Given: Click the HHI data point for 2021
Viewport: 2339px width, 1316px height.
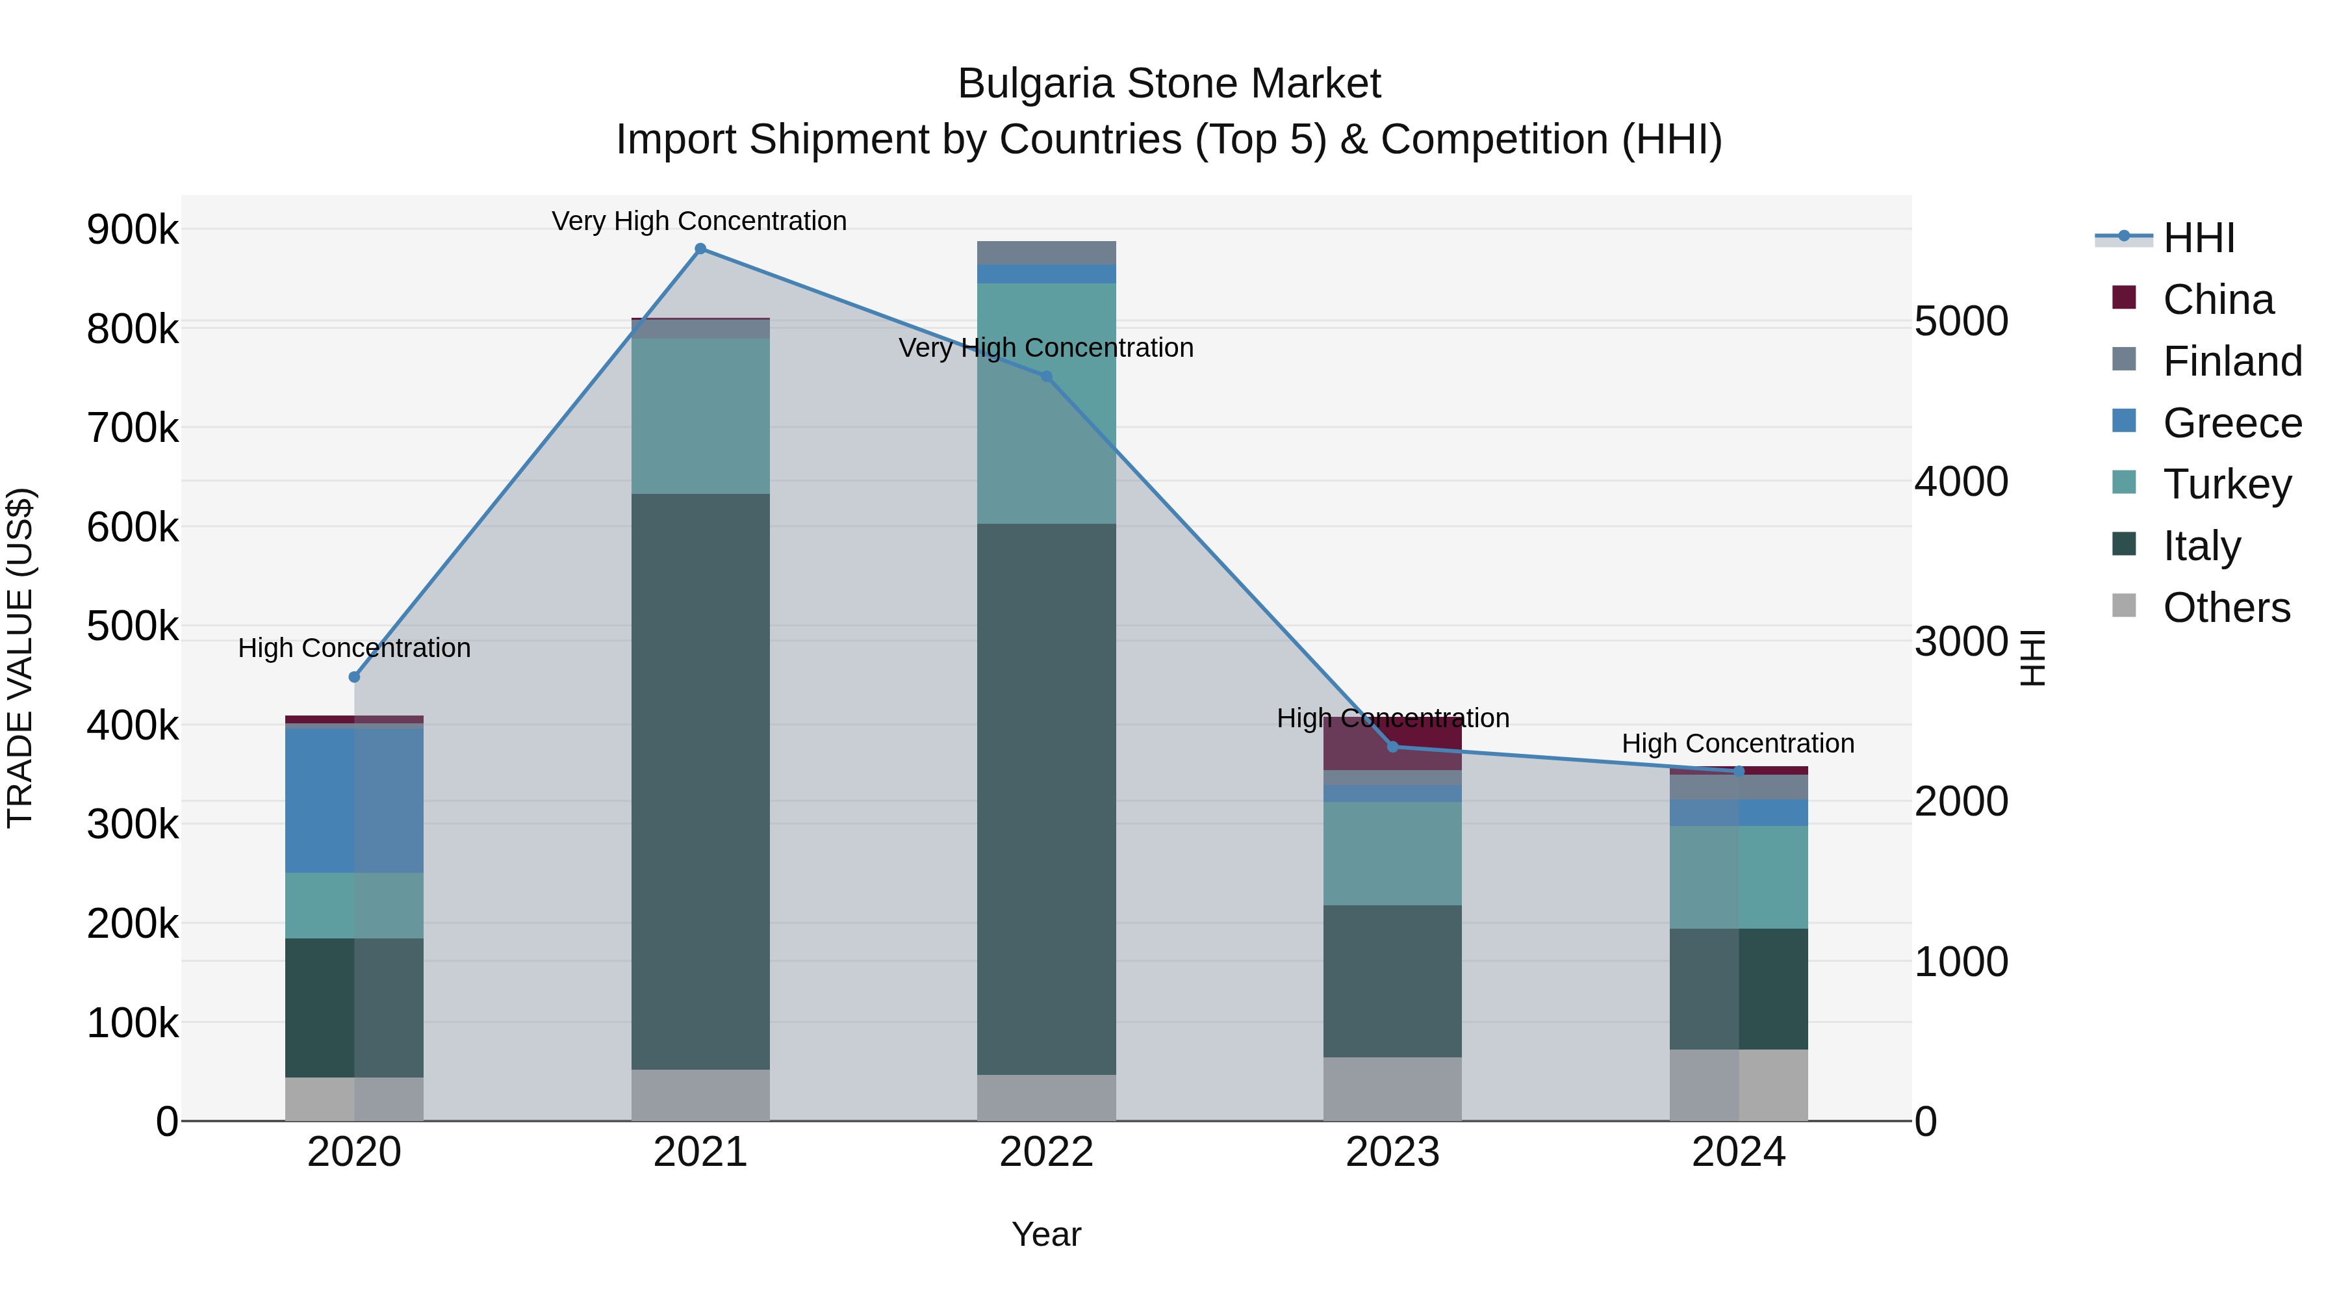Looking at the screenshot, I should click(x=700, y=249).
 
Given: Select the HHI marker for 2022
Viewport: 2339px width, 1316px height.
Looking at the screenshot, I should click(x=1046, y=376).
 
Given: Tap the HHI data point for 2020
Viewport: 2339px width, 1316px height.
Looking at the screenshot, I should click(x=354, y=677).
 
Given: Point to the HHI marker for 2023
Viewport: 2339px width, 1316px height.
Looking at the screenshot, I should click(x=1393, y=747).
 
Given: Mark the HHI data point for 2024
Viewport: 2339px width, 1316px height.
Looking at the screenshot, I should click(x=1739, y=771).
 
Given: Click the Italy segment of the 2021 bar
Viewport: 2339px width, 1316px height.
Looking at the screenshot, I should click(x=700, y=781).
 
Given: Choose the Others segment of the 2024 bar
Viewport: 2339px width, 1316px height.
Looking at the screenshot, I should click(x=1739, y=1085).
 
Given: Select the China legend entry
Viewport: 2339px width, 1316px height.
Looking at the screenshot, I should click(x=2218, y=300).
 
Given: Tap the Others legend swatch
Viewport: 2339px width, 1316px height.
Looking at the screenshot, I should click(x=2124, y=605).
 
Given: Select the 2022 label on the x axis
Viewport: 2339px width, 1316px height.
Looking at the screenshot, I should click(x=1046, y=1152).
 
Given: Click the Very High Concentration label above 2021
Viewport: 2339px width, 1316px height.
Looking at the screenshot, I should click(x=699, y=221).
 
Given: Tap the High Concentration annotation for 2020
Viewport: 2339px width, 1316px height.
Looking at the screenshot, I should click(x=354, y=647).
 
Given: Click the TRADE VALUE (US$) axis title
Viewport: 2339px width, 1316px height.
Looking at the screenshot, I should click(x=20, y=658).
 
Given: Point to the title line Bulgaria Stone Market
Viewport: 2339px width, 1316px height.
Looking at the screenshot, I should click(x=1169, y=84).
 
